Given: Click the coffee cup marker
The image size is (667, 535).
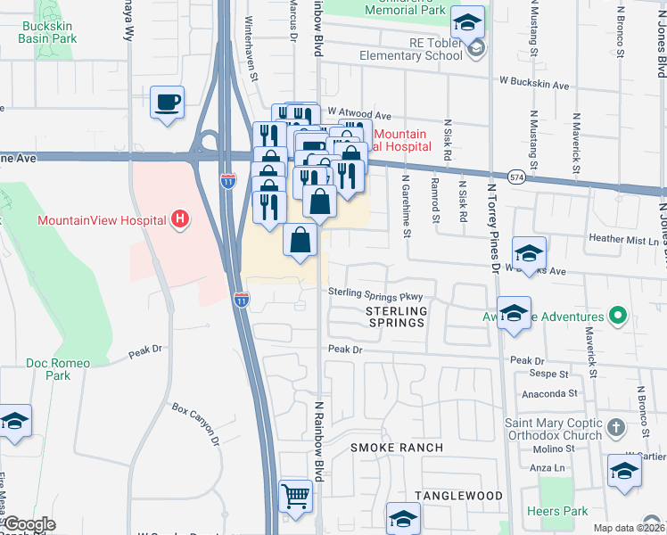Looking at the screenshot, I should [x=167, y=103].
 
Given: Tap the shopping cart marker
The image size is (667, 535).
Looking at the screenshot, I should [x=295, y=496].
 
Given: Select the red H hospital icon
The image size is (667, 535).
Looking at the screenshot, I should [x=180, y=218].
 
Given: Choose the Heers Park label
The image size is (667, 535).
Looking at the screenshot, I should [x=557, y=511].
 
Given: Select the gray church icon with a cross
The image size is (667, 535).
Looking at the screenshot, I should [x=616, y=429].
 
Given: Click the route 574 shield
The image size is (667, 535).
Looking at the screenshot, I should [x=516, y=178].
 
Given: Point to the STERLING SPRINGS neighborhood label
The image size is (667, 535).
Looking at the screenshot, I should [x=395, y=317].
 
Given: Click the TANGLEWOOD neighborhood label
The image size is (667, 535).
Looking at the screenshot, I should [x=458, y=495].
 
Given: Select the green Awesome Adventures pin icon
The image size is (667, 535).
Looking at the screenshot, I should [x=616, y=316].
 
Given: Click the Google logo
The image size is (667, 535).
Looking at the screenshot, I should [x=29, y=524].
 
